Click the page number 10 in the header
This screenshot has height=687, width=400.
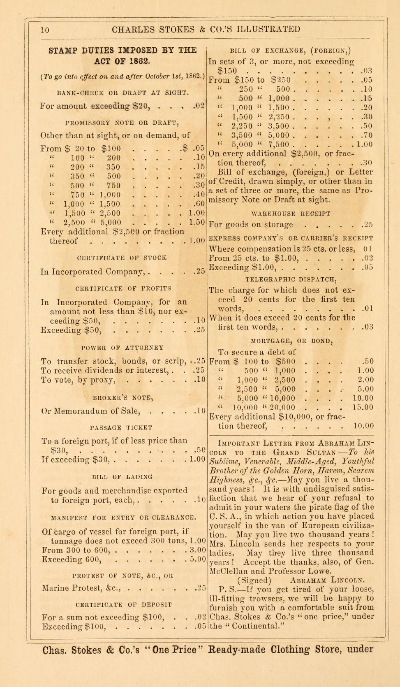click(x=45, y=30)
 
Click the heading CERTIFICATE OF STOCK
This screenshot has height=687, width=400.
click(x=122, y=258)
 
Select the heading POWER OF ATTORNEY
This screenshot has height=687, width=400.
click(x=123, y=348)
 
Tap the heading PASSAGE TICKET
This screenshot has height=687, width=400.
click(x=123, y=428)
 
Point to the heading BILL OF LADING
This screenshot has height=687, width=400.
click(x=122, y=477)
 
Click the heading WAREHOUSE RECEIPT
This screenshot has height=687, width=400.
click(x=291, y=214)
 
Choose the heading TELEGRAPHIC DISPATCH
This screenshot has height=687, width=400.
click(x=291, y=279)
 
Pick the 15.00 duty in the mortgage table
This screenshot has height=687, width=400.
click(x=363, y=407)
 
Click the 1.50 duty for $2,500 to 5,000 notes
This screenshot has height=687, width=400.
click(x=197, y=222)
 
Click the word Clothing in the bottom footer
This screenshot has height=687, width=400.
click(x=284, y=650)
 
